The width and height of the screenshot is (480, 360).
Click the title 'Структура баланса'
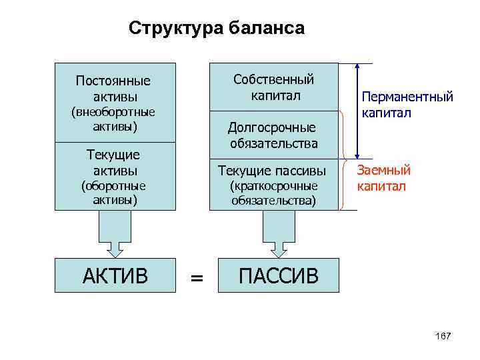pos(217,28)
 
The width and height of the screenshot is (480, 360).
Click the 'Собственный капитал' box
pos(273,87)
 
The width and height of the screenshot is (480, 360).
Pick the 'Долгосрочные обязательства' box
pos(273,135)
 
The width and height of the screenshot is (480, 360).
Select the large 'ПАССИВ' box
pos(279,275)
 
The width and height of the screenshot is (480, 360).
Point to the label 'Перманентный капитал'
pos(407,105)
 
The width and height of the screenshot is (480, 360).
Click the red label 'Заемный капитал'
pos(384,178)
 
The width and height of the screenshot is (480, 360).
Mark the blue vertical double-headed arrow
pos(358,111)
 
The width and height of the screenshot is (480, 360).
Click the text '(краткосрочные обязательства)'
pos(273,193)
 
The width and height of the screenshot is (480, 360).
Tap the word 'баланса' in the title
pos(267,28)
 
